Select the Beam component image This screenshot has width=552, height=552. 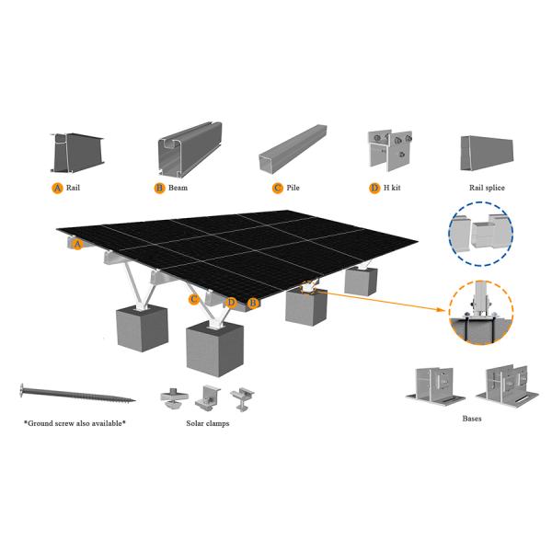(188, 154)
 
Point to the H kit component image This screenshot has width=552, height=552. (390, 153)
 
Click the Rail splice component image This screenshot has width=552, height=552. (487, 155)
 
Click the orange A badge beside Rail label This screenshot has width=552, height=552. (57, 188)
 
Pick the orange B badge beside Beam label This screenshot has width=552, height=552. (159, 188)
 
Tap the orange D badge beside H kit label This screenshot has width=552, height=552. (374, 188)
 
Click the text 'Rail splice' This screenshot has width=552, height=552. (487, 188)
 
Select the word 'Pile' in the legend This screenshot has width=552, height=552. (293, 188)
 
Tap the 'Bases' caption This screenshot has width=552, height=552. (471, 418)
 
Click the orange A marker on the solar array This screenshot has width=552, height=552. (77, 244)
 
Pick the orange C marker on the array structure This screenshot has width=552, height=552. (194, 299)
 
